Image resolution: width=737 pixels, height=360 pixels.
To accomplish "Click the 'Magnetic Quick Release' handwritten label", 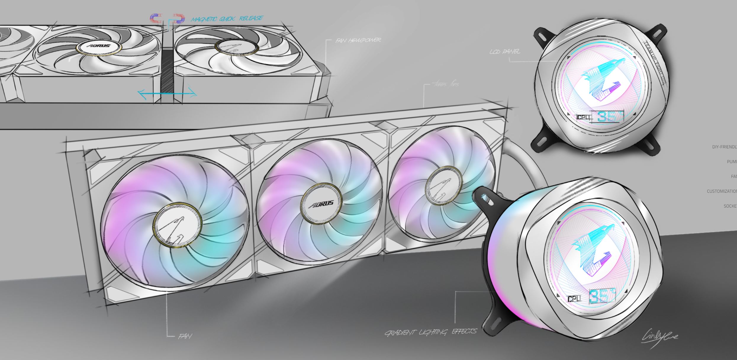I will tap(227, 19).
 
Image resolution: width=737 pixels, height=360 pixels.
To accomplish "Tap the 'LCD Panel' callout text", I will tap(505, 52).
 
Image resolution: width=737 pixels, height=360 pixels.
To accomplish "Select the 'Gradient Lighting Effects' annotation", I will tap(430, 332).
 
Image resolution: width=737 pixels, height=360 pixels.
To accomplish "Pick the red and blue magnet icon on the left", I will tap(156, 19).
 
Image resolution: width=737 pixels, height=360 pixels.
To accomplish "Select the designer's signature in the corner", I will tap(659, 337).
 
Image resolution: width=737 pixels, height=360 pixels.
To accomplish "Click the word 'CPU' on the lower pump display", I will tap(574, 299).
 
